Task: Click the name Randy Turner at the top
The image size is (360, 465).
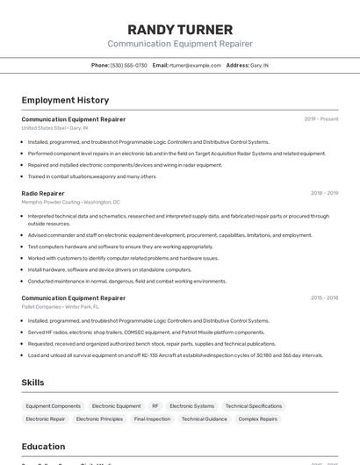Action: pyautogui.click(x=180, y=30)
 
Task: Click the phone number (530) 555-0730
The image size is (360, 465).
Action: pyautogui.click(x=129, y=65)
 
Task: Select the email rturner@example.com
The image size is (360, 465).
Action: pyautogui.click(x=196, y=65)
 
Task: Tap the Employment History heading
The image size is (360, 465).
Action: pyautogui.click(x=65, y=100)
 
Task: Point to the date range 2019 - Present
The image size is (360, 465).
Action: pyautogui.click(x=320, y=118)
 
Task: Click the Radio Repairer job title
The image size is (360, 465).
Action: pyautogui.click(x=43, y=193)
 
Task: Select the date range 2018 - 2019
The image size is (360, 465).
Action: pyautogui.click(x=324, y=193)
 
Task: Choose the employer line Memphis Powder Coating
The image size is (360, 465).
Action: pyautogui.click(x=71, y=202)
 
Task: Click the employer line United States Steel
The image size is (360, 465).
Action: pyautogui.click(x=54, y=128)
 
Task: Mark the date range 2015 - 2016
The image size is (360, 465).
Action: pyautogui.click(x=324, y=297)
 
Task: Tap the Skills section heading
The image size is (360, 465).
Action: pyautogui.click(x=32, y=383)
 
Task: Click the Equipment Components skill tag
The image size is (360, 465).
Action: pyautogui.click(x=53, y=406)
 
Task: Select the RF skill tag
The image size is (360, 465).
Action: pyautogui.click(x=155, y=406)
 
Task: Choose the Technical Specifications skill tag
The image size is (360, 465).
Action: pyautogui.click(x=254, y=406)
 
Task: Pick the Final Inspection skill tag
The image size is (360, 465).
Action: pyautogui.click(x=152, y=419)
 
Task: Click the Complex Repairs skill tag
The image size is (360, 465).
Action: pyautogui.click(x=258, y=419)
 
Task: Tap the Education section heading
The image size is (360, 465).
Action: pyautogui.click(x=44, y=446)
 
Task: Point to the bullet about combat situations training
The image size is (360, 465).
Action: pyautogui.click(x=91, y=176)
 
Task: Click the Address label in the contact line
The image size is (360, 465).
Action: pyautogui.click(x=237, y=65)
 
